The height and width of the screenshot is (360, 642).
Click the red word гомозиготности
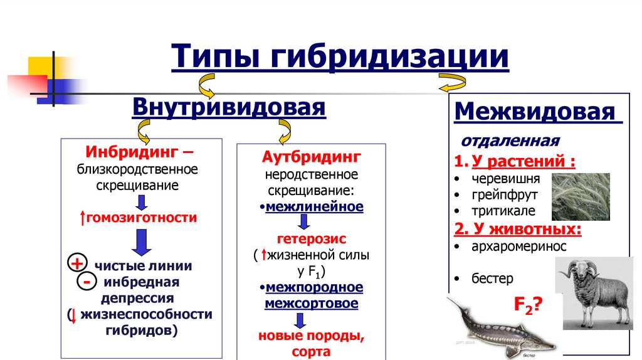pyautogui.click(x=142, y=218)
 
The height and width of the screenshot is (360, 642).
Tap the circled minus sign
pyautogui.click(x=85, y=282)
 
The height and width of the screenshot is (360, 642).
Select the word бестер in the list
pyautogui.click(x=492, y=278)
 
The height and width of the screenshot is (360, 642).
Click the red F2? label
pyautogui.click(x=528, y=305)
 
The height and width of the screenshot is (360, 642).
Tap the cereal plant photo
pyautogui.click(x=581, y=196)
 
